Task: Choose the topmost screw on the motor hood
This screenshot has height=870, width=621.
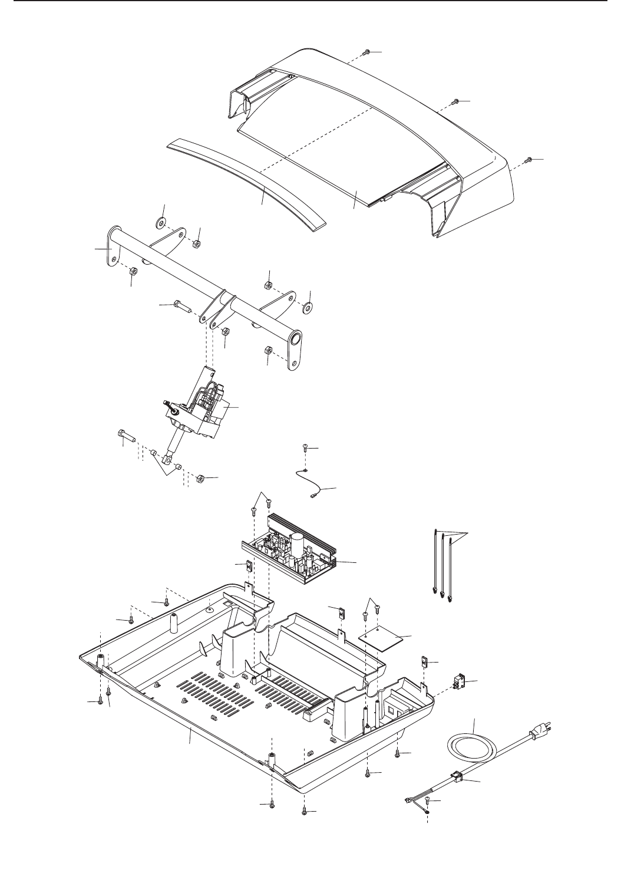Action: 365,52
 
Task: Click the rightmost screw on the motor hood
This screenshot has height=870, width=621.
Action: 529,160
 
